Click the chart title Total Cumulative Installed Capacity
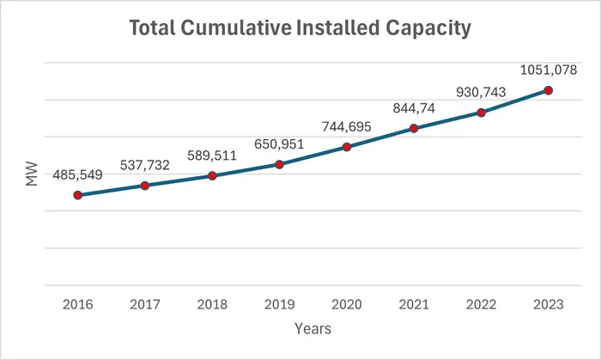[300, 28]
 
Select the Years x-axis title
[313, 328]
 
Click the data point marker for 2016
[77, 195]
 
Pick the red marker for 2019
[279, 163]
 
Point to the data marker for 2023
[548, 90]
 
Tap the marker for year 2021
[414, 129]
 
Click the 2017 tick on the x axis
[144, 303]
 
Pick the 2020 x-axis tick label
[346, 303]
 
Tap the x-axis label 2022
[481, 303]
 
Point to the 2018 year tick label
[212, 303]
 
